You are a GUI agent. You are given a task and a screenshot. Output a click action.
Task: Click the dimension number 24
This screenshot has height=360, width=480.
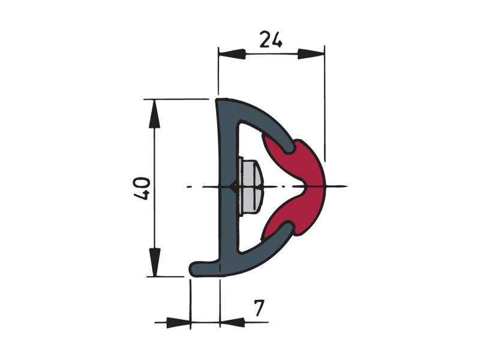pyautogui.click(x=271, y=39)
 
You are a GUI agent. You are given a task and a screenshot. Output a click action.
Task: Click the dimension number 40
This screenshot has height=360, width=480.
pyautogui.click(x=142, y=188)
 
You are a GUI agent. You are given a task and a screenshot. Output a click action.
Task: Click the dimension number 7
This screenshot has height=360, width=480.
pyautogui.click(x=259, y=308)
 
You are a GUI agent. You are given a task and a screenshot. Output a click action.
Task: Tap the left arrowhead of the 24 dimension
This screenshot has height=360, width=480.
pyautogui.click(x=232, y=53)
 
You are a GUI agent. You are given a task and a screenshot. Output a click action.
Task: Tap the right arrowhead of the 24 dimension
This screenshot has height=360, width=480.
pyautogui.click(x=311, y=53)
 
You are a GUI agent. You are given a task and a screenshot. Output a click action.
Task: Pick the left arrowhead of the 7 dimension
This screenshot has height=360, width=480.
pyautogui.click(x=178, y=322)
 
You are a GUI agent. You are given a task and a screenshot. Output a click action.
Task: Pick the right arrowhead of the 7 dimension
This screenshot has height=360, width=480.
pyautogui.click(x=232, y=322)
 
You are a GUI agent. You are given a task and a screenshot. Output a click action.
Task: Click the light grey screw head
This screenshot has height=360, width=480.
pyautogui.click(x=250, y=186)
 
